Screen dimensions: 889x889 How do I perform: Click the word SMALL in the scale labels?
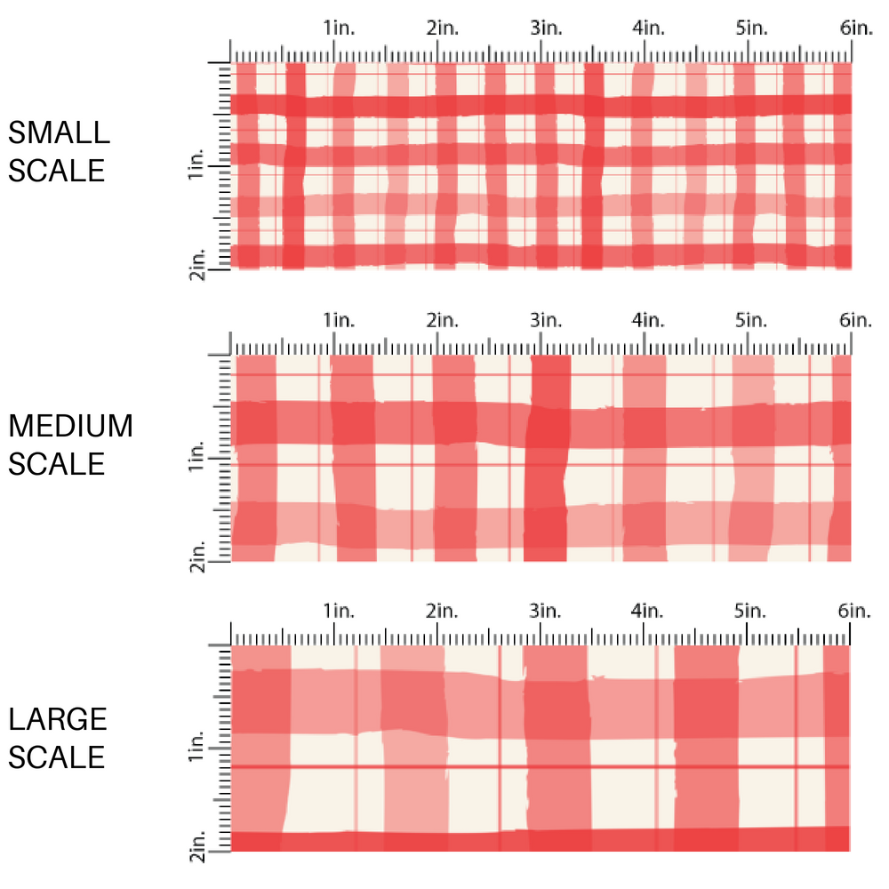(59, 132)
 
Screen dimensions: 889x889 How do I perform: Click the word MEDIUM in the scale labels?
(70, 427)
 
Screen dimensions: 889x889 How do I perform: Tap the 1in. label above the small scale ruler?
(339, 28)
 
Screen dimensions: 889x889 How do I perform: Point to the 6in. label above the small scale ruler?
(856, 28)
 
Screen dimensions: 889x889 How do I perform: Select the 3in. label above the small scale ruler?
(546, 28)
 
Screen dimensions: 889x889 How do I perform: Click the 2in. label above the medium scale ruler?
(442, 319)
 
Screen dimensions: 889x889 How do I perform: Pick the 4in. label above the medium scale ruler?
(649, 319)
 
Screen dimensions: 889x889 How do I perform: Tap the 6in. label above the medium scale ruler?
(856, 319)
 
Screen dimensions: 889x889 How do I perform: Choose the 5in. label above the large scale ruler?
(752, 611)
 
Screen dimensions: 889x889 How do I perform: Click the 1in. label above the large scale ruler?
(339, 611)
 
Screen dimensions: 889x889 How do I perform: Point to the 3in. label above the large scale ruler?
(546, 611)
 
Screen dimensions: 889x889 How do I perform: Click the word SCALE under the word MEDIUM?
(57, 464)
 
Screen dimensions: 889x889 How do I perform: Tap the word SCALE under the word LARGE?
(57, 757)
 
